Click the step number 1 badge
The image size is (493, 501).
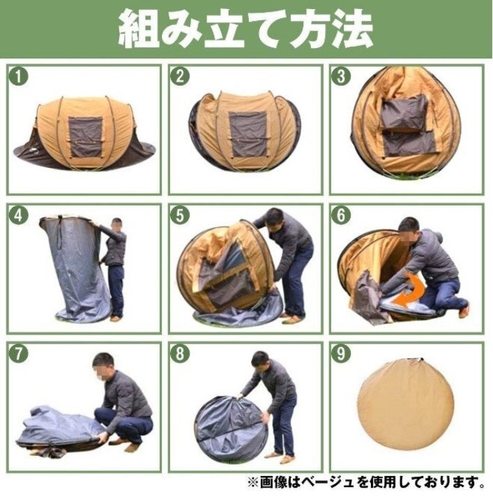point(19,77)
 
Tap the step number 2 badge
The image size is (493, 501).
point(180,77)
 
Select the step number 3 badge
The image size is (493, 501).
point(341,77)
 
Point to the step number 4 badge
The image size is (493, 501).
point(19,215)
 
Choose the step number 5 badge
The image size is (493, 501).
point(180,215)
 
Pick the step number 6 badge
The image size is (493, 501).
point(341,215)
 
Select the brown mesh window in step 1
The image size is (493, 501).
point(85,137)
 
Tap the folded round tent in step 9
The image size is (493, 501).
point(405,406)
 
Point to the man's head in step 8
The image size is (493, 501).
point(260,361)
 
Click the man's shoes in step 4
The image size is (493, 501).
point(116,318)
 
